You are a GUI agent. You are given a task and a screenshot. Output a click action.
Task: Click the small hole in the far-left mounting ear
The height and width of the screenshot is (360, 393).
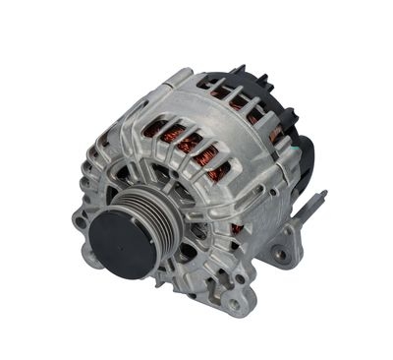80,221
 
